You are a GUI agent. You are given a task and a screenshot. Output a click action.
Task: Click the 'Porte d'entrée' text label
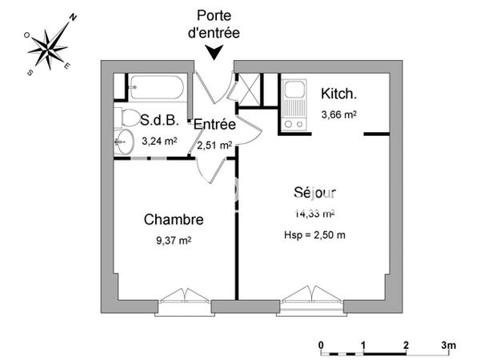(x=214, y=25)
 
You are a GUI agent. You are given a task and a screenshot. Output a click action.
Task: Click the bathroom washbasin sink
(x=122, y=143)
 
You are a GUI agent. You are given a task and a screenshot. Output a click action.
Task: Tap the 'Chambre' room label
(x=173, y=219)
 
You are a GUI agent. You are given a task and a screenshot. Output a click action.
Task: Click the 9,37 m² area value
(x=174, y=239)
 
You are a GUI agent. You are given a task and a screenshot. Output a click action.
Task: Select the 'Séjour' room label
(x=314, y=193)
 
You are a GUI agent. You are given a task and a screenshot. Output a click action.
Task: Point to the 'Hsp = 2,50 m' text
(x=314, y=234)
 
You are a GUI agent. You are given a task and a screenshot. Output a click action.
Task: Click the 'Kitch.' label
(x=338, y=93)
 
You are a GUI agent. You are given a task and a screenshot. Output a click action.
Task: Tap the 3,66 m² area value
(x=338, y=114)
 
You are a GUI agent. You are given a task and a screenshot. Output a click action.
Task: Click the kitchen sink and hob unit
(x=294, y=104)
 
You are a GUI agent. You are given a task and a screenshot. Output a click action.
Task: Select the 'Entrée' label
(x=214, y=125)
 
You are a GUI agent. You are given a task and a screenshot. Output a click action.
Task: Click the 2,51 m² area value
(x=214, y=146)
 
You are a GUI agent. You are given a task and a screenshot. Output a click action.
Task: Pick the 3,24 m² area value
(x=159, y=142)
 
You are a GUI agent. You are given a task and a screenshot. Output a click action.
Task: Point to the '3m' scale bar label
(x=449, y=346)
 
